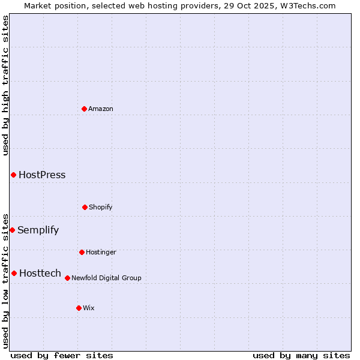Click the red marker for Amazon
84,109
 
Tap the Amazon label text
101,109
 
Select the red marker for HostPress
13,175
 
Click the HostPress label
42,175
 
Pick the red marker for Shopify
85,207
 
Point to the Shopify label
101,207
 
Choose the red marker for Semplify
12,230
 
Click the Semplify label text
38,230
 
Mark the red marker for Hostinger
82,252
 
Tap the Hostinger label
101,252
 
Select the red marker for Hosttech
14,273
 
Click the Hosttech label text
40,274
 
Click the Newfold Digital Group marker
67,278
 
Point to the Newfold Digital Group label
107,278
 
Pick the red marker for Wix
79,308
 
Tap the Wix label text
89,308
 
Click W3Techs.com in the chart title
310,5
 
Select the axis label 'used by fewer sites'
62,355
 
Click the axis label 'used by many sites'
301,355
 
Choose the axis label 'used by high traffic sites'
5,85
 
